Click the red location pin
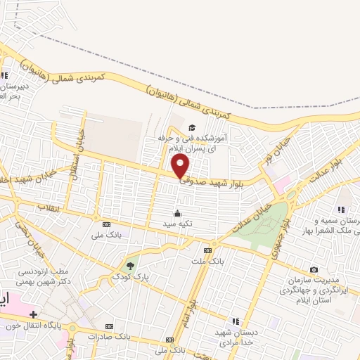(x=181, y=166)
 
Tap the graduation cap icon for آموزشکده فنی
(x=191, y=128)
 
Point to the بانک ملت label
(x=207, y=260)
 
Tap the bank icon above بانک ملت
(x=207, y=250)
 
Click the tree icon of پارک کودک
(x=129, y=266)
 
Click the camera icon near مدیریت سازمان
(x=314, y=269)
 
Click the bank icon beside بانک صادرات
(x=109, y=326)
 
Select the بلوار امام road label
(x=191, y=309)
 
